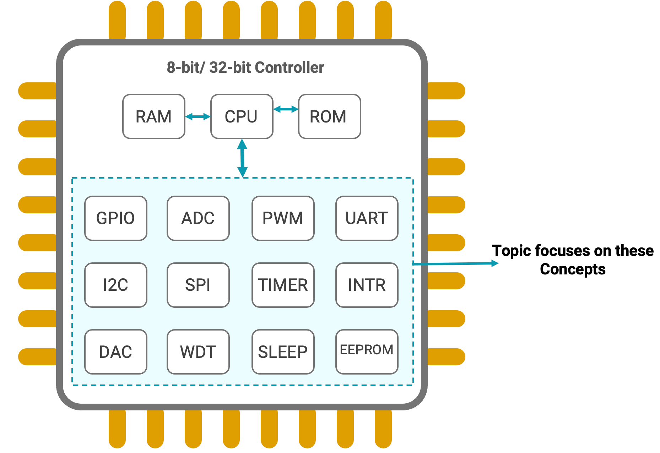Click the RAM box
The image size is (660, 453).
(153, 116)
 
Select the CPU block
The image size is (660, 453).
(242, 116)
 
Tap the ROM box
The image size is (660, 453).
(329, 116)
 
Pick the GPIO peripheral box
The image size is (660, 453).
(115, 218)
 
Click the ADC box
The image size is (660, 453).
(198, 218)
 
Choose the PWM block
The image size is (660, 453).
(283, 218)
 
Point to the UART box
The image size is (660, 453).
(367, 218)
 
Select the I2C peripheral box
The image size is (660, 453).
(115, 285)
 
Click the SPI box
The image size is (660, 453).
(198, 285)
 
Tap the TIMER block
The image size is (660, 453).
(283, 285)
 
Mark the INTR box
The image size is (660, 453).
(367, 285)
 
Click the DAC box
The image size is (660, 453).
(115, 351)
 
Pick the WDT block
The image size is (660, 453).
(198, 351)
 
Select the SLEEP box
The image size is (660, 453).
(283, 351)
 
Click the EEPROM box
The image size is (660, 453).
(367, 351)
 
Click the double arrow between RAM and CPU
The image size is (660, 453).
(198, 116)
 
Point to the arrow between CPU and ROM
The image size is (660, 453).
(286, 109)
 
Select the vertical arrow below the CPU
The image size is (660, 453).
(242, 158)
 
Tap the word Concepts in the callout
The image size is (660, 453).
(573, 269)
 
